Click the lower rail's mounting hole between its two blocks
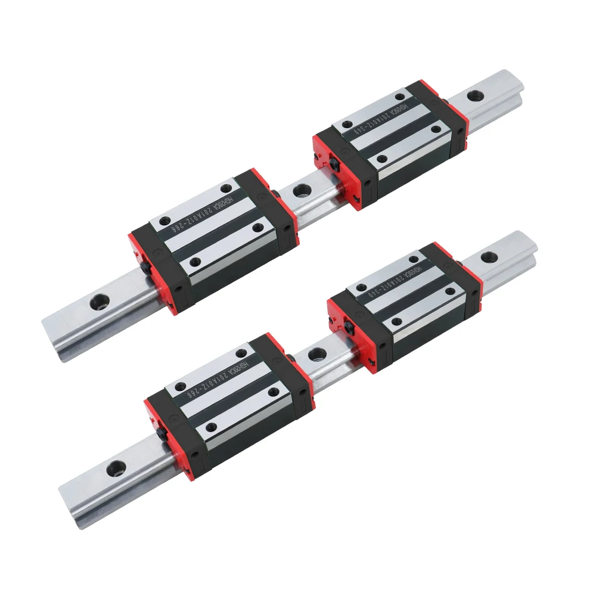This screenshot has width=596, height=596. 316,355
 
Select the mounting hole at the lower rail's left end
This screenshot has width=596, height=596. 113,468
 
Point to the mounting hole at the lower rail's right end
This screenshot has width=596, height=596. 489,257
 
